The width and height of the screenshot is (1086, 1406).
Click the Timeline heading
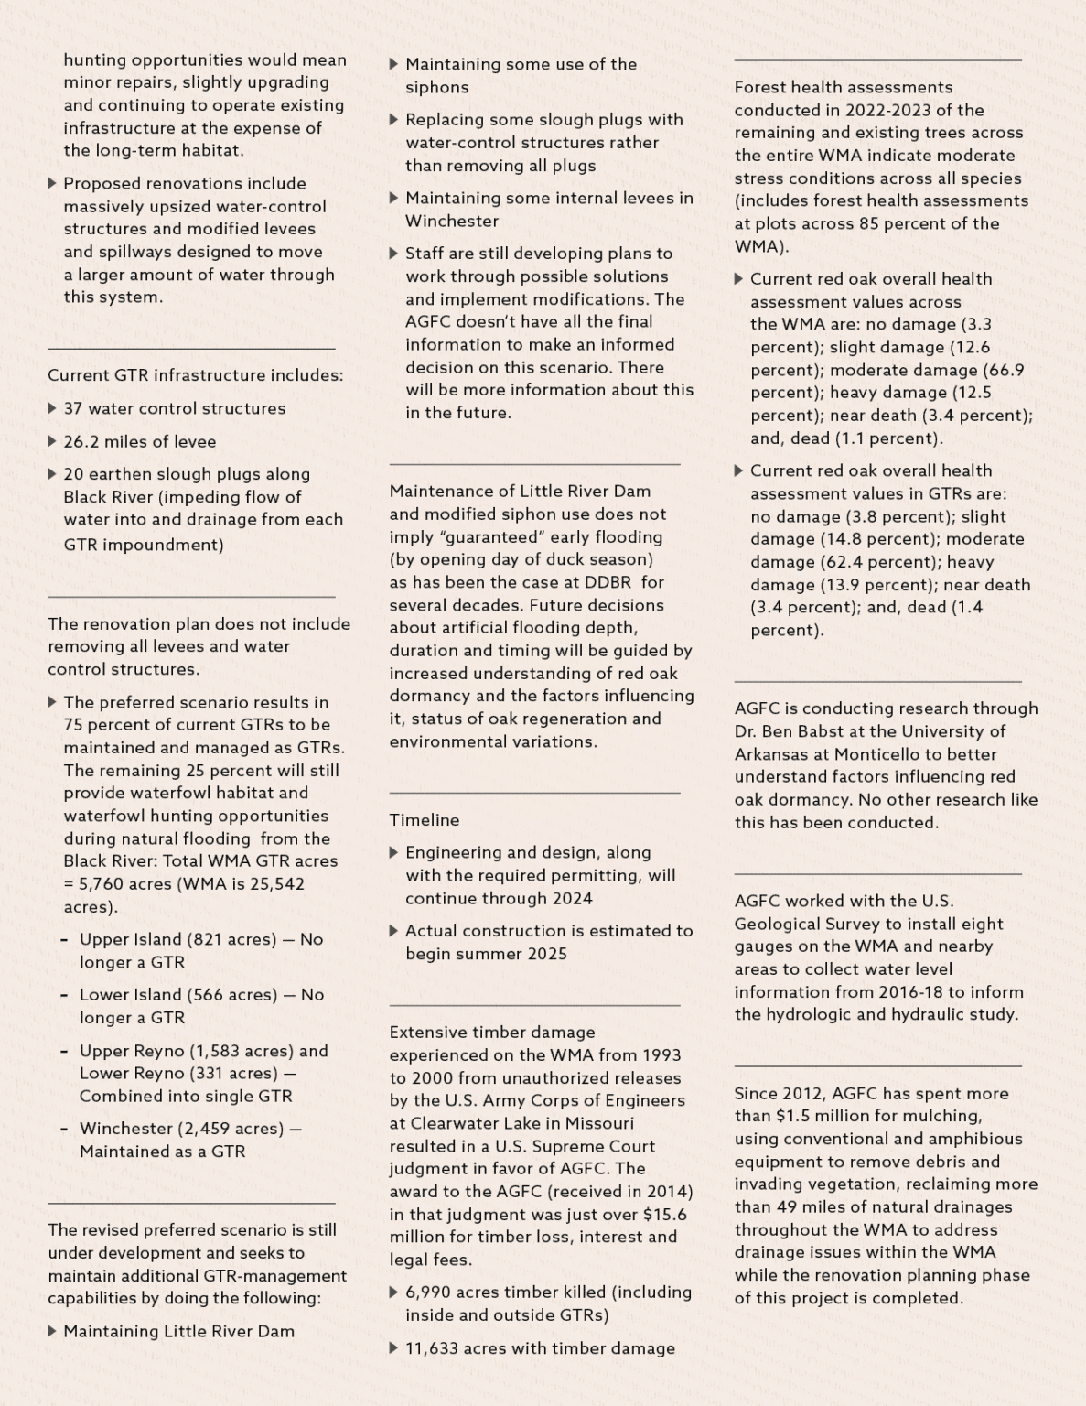pyautogui.click(x=425, y=820)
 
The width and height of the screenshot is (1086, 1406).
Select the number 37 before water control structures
pyautogui.click(x=73, y=408)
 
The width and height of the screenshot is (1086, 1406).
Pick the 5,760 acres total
pyautogui.click(x=104, y=884)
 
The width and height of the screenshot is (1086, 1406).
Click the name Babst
pyautogui.click(x=816, y=731)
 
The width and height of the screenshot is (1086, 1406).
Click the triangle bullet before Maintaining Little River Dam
pyautogui.click(x=52, y=1331)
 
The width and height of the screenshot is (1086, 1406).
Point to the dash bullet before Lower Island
pyautogui.click(x=64, y=995)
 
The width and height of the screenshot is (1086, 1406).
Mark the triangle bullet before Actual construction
pyautogui.click(x=394, y=931)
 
